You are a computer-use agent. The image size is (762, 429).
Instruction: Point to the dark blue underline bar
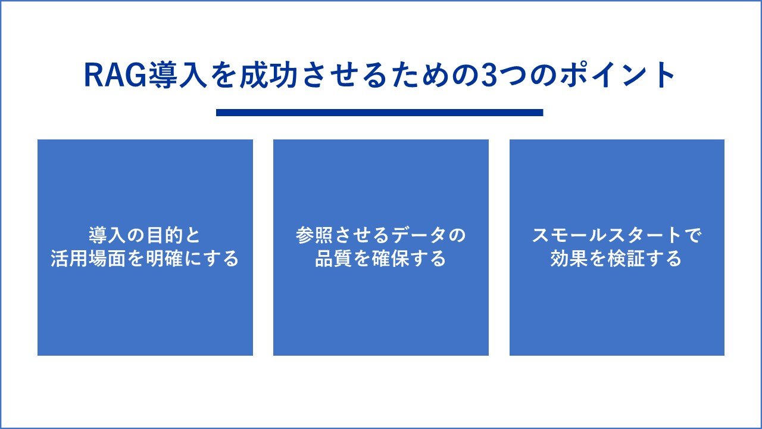[x=380, y=113]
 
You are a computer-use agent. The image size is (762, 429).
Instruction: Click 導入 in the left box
[x=107, y=235]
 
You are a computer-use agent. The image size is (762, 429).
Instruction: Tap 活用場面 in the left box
[x=88, y=259]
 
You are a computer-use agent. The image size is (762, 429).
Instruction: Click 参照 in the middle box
[x=314, y=235]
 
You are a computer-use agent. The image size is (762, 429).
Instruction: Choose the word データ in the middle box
[x=419, y=235]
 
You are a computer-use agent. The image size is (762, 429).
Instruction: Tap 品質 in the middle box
[x=333, y=259]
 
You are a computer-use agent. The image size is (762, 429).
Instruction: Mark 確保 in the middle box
[x=391, y=259]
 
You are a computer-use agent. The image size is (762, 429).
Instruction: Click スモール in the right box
[x=569, y=235]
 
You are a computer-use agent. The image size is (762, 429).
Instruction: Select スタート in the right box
[x=645, y=235]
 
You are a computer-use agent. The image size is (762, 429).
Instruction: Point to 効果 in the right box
[x=569, y=259]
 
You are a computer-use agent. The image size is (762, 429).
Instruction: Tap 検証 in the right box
[x=626, y=259]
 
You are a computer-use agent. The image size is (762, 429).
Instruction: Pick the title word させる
[x=344, y=75]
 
